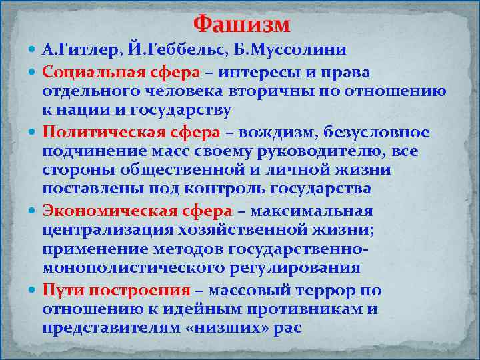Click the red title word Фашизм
[x=241, y=25]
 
